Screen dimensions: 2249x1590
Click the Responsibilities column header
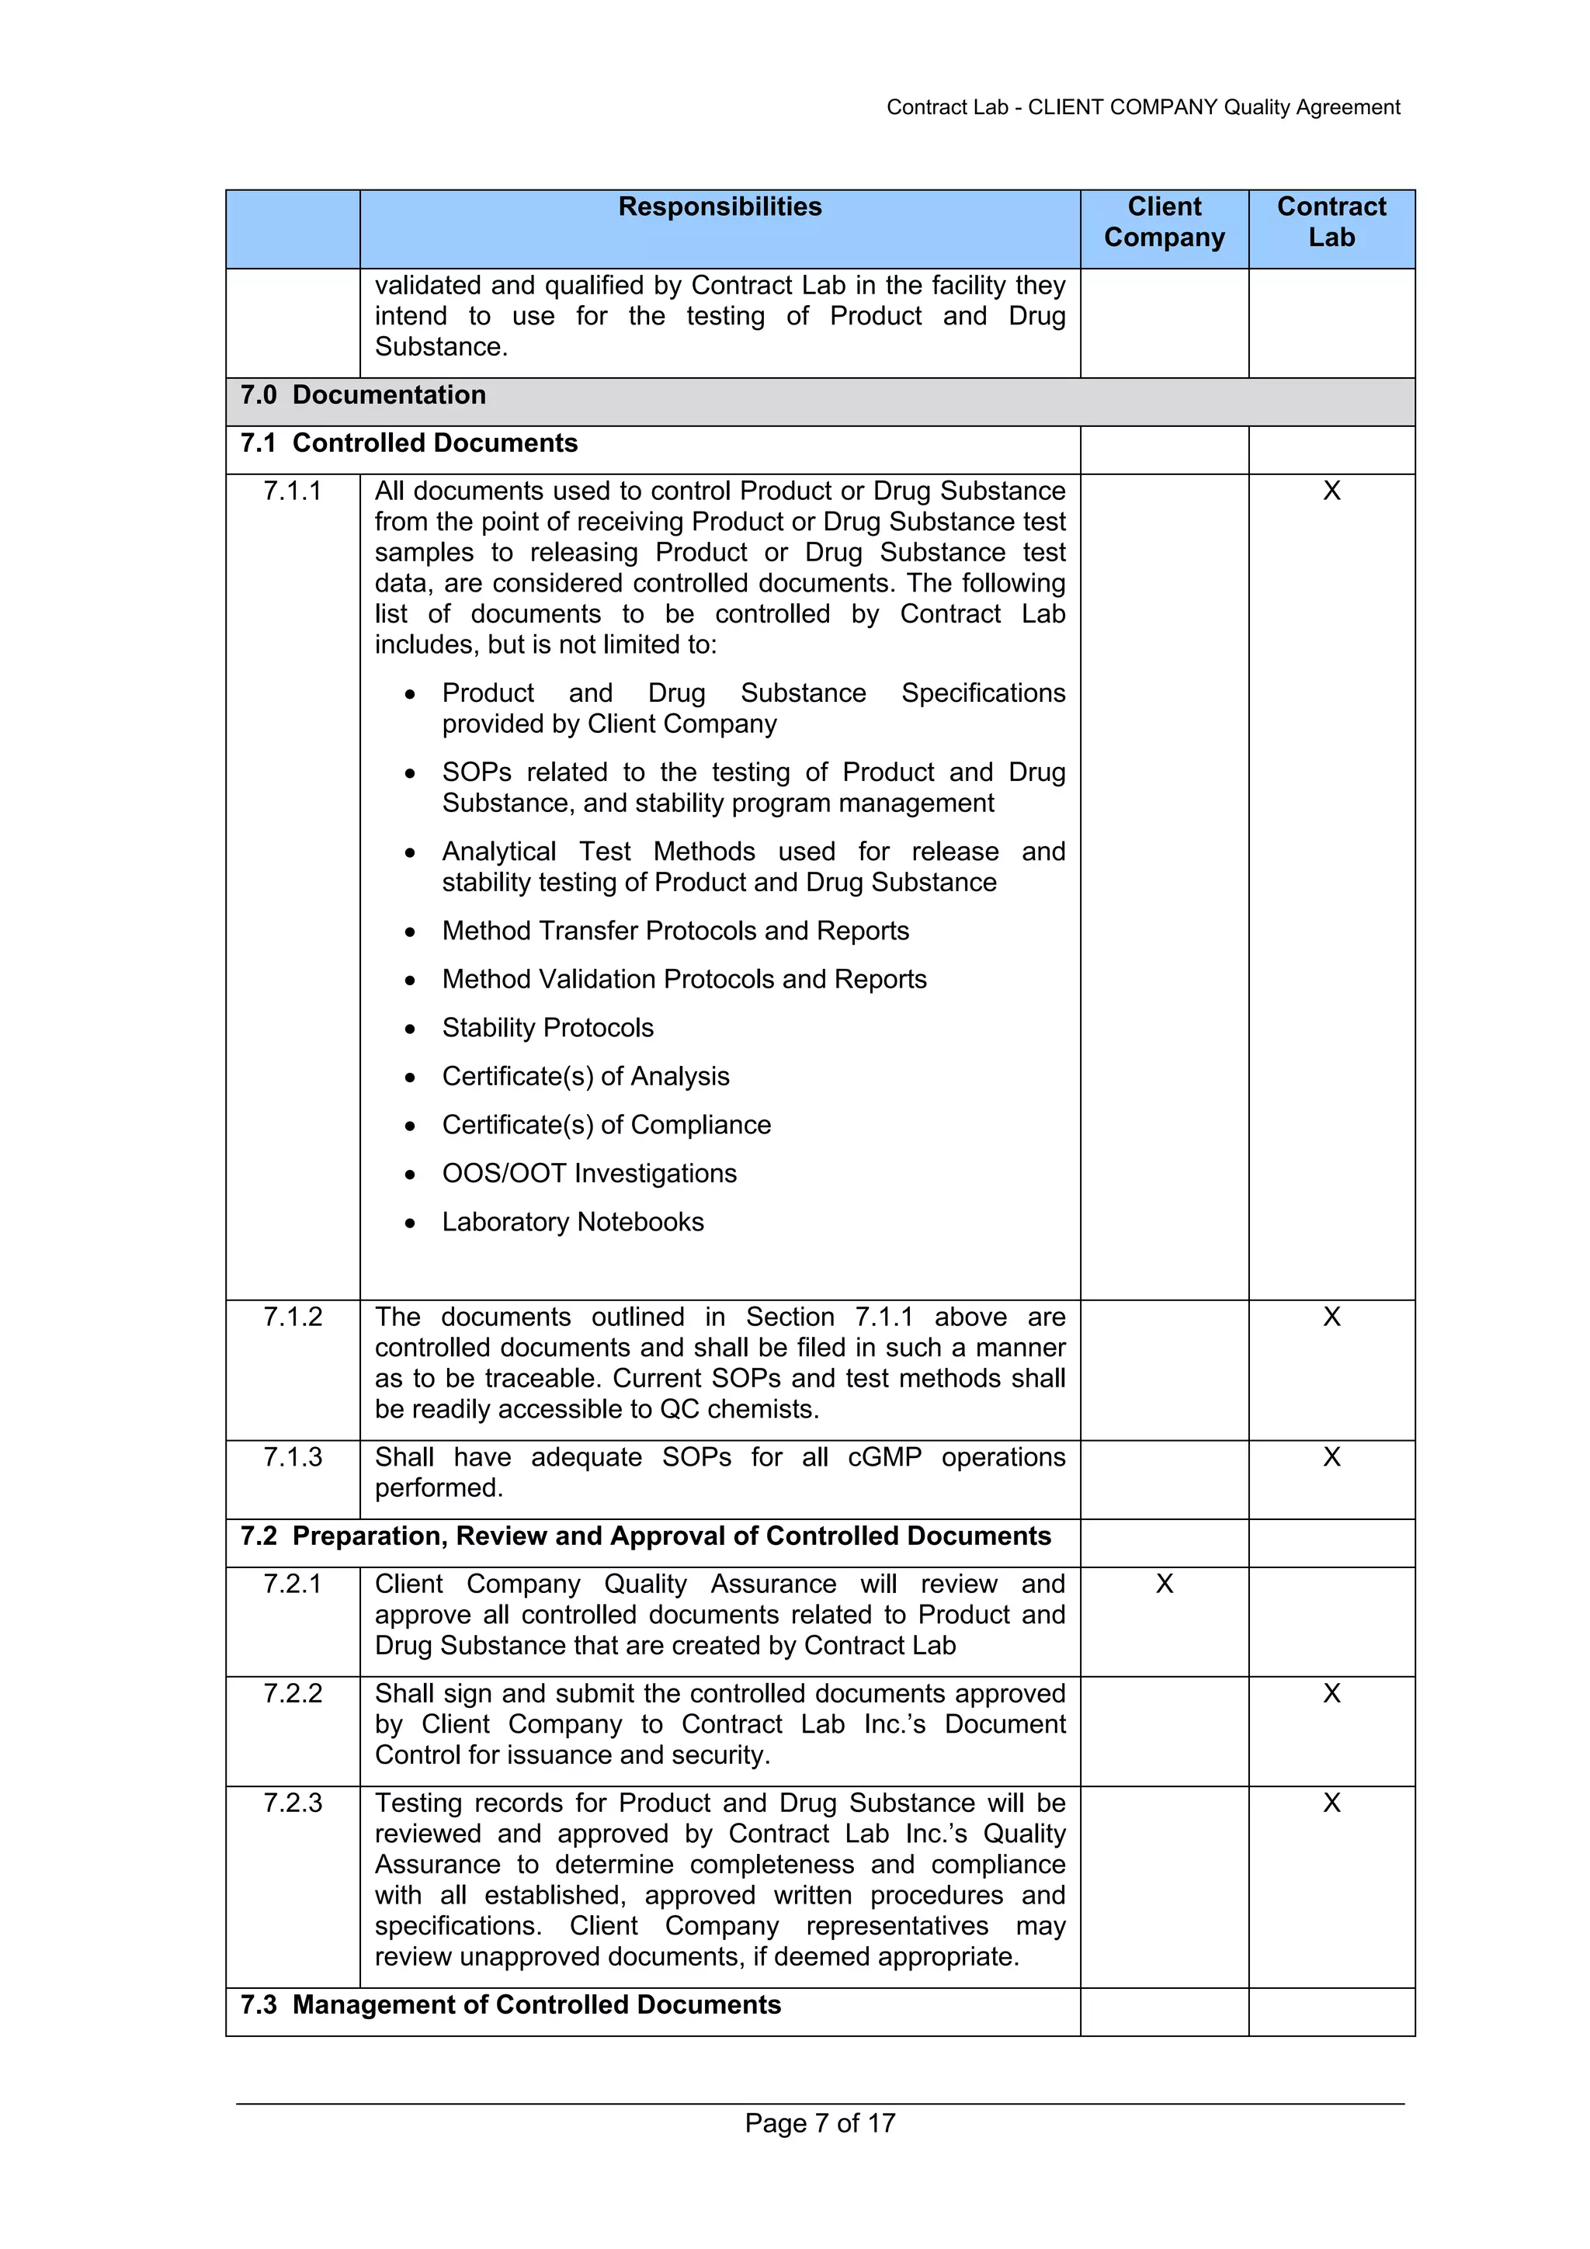click(x=719, y=207)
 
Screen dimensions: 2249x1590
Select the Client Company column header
click(x=1163, y=222)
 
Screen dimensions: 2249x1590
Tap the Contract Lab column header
click(x=1331, y=222)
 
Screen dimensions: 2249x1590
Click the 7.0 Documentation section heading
click(x=363, y=394)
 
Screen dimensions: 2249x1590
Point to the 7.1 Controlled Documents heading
click(x=408, y=443)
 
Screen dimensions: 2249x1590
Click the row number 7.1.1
click(x=292, y=491)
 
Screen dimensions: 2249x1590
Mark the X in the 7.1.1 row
click(x=1331, y=491)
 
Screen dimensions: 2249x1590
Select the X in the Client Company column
click(x=1163, y=1584)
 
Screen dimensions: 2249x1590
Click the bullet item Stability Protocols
click(x=547, y=1028)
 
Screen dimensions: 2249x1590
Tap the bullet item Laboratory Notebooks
click(x=572, y=1221)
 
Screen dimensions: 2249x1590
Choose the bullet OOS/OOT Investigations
click(x=588, y=1174)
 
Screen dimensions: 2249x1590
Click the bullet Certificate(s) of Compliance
click(x=606, y=1124)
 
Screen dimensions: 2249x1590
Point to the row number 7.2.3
click(x=292, y=1803)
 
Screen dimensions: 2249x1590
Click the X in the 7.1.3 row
click(x=1331, y=1456)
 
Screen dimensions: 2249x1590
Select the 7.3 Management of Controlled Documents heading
click(x=510, y=2005)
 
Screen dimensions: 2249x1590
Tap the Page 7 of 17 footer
click(x=819, y=2122)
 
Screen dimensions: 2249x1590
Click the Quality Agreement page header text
click(x=1142, y=107)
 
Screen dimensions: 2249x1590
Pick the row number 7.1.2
click(x=292, y=1317)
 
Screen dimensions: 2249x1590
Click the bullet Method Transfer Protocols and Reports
click(x=675, y=931)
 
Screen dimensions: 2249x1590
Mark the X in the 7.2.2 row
click(x=1331, y=1694)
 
